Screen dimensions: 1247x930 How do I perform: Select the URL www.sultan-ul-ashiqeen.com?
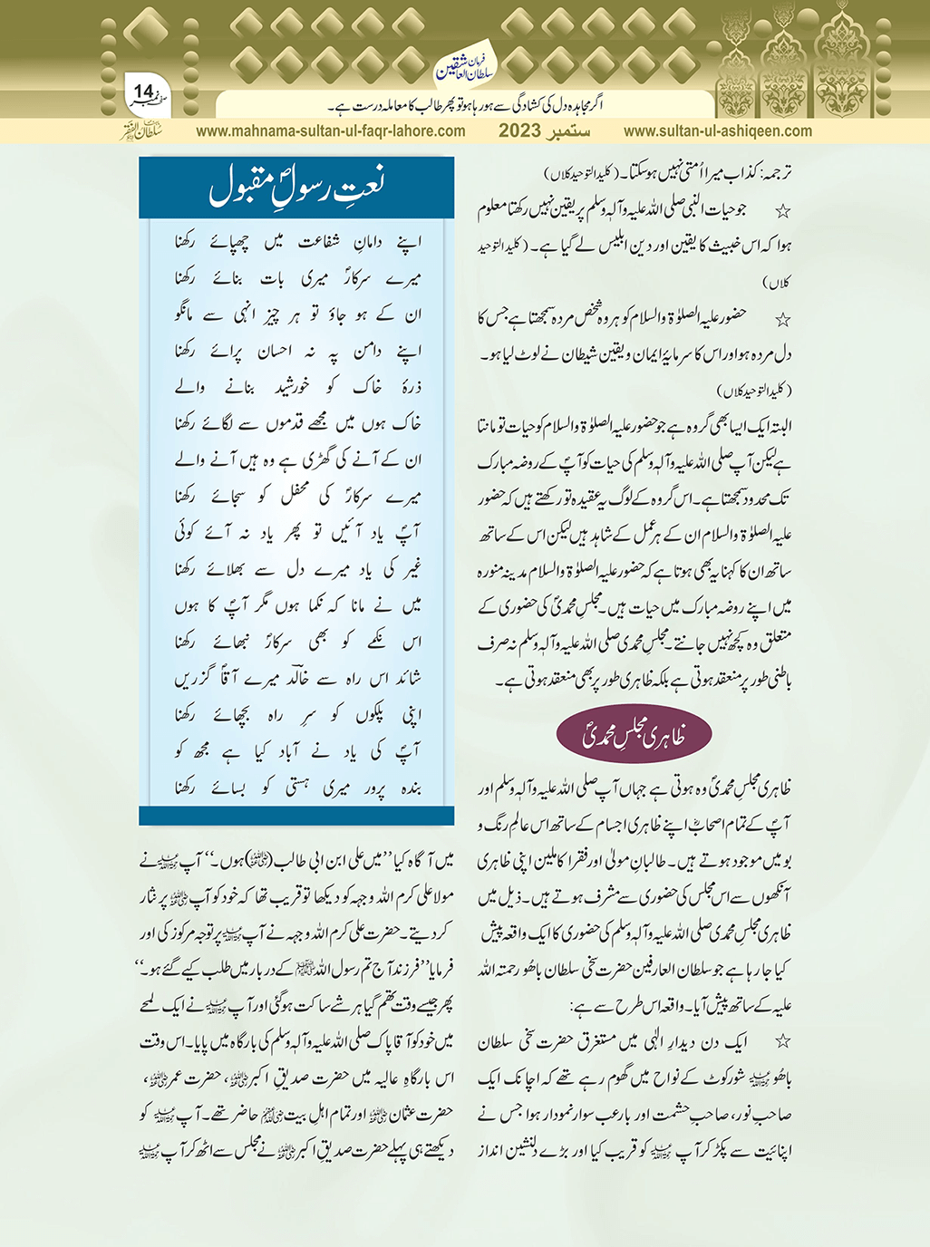[x=718, y=130]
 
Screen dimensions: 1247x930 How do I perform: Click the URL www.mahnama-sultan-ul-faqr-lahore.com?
[x=331, y=130]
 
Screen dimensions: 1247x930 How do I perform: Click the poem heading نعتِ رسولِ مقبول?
[x=295, y=188]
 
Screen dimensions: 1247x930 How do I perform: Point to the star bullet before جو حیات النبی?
[x=782, y=211]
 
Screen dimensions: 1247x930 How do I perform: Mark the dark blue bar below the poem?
[x=295, y=817]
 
